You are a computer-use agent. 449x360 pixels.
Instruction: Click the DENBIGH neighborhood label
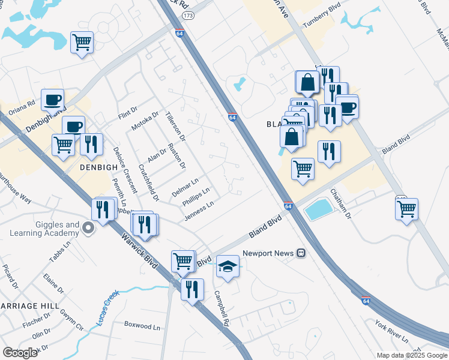point(98,168)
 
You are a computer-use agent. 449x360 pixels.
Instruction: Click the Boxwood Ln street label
point(142,326)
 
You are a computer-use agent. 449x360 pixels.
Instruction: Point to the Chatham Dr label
point(340,203)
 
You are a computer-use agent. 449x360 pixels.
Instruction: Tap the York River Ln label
point(391,332)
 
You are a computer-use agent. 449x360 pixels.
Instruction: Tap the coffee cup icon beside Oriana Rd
point(52,99)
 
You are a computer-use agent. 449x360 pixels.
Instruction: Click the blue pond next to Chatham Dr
point(318,209)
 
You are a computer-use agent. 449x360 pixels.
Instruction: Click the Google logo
point(20,353)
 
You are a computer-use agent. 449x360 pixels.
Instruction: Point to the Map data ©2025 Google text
point(411,355)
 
